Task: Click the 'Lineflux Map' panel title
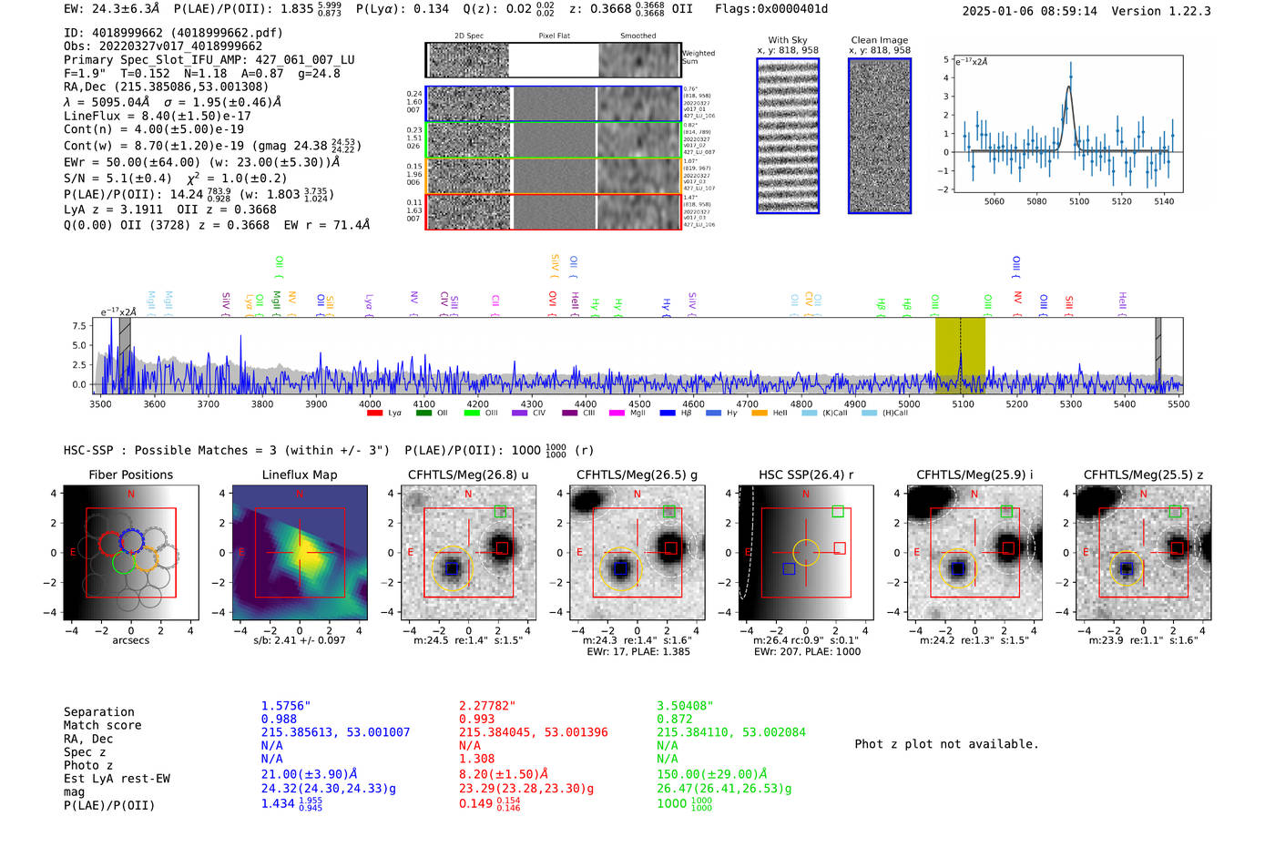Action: click(299, 475)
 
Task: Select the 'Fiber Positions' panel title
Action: click(130, 475)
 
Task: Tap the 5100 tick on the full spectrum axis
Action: click(963, 403)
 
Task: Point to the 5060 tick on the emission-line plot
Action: click(994, 201)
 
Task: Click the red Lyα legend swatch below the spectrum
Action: click(374, 414)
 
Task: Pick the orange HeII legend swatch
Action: click(760, 414)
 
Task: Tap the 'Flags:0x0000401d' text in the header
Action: click(771, 9)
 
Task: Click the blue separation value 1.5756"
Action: click(286, 706)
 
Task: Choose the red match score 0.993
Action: click(476, 720)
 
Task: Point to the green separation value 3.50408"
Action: click(685, 706)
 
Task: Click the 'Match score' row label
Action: click(102, 726)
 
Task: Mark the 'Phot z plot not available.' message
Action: click(946, 744)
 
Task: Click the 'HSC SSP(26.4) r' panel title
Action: click(805, 475)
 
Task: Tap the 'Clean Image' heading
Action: click(879, 40)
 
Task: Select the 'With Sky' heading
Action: click(787, 40)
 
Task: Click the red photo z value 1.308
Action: click(476, 759)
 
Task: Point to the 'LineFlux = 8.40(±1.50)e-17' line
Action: click(157, 116)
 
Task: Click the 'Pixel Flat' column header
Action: click(554, 36)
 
